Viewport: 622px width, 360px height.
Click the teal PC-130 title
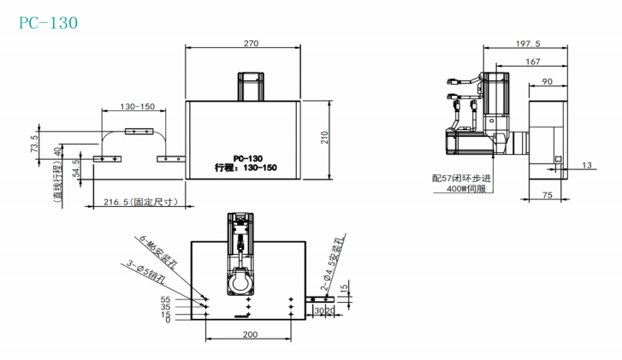click(x=49, y=23)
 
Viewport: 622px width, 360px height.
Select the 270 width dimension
click(x=251, y=44)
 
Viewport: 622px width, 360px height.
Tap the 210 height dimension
click(x=325, y=137)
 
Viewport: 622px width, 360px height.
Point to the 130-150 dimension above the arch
click(x=137, y=107)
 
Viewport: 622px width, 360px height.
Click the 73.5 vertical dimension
click(x=35, y=144)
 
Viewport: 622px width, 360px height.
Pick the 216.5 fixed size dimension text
click(x=141, y=202)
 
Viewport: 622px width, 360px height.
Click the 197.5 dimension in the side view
click(x=528, y=44)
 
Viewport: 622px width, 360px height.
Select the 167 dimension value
click(x=533, y=62)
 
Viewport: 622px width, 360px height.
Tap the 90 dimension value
click(x=547, y=81)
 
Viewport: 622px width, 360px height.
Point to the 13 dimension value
click(x=587, y=165)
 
